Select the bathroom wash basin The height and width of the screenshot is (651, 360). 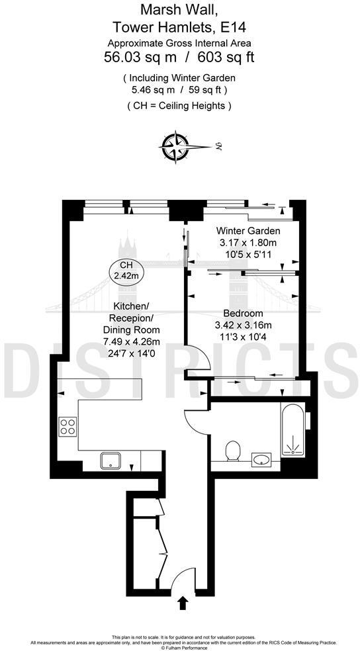(261, 458)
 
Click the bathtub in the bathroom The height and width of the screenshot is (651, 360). (292, 430)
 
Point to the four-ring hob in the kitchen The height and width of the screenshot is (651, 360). (67, 426)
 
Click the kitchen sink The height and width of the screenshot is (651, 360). (110, 460)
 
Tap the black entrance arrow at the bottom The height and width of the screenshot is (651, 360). (183, 602)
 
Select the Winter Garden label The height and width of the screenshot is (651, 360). (249, 231)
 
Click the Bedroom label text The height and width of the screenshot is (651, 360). (244, 313)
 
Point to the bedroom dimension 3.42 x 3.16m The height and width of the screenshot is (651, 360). (244, 325)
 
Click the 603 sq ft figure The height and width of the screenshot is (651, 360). (232, 58)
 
